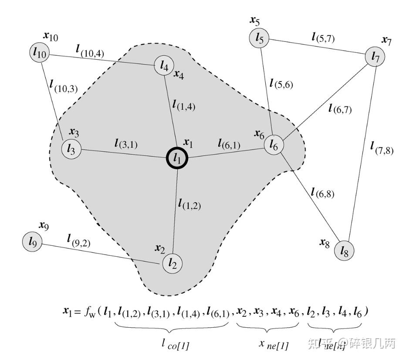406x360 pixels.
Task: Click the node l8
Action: [x=344, y=251]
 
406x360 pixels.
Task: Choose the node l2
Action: [x=173, y=263]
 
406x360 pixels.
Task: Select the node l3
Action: [x=71, y=149]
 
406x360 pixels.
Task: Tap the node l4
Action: [x=164, y=67]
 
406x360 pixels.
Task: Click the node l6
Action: [x=274, y=144]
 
